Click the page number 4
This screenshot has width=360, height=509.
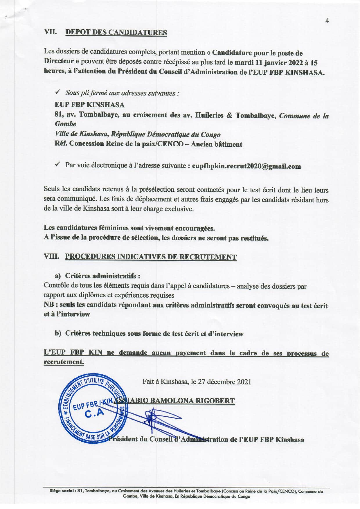coord(327,21)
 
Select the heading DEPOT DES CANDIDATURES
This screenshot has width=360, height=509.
coord(116,32)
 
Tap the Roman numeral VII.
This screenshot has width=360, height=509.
coord(50,32)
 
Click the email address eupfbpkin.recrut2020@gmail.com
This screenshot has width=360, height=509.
coord(246,166)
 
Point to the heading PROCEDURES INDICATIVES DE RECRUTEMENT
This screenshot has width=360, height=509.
coord(151,257)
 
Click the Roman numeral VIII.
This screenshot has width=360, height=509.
coord(51,257)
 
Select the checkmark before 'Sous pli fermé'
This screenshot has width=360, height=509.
coord(57,92)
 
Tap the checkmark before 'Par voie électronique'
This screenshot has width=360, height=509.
coord(57,164)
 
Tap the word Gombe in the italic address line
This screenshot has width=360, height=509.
coord(66,124)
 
